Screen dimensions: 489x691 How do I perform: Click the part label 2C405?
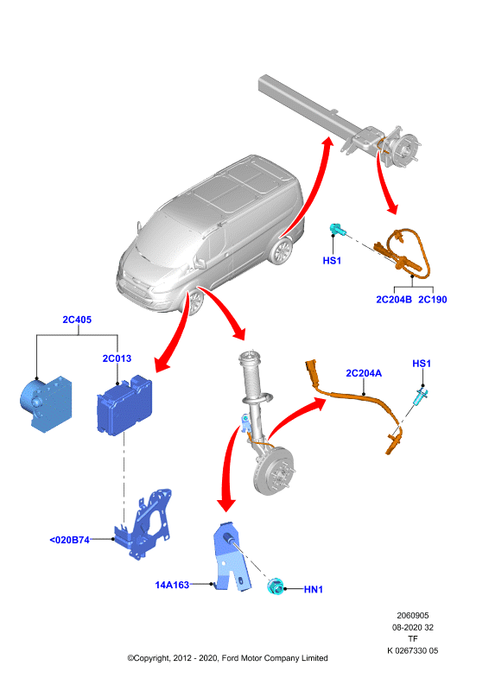tap(77, 320)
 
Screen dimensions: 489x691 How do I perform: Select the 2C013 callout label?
tap(117, 358)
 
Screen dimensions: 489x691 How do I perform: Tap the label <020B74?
tap(70, 540)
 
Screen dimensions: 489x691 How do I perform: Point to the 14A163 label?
tap(172, 585)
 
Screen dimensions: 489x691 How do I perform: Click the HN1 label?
tap(314, 589)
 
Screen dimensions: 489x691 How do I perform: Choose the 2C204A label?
tap(364, 373)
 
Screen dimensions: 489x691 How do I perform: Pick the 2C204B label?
tap(394, 300)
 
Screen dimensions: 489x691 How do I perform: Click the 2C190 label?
tap(433, 300)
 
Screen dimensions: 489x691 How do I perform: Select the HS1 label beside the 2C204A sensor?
tap(422, 364)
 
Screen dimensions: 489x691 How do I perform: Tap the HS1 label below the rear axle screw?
tap(332, 261)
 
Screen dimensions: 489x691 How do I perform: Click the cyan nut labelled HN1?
tap(275, 587)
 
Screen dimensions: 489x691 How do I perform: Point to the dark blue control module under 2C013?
tap(124, 405)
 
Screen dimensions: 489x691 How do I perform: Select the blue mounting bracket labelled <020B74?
tap(143, 524)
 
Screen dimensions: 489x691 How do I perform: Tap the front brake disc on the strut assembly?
tap(274, 471)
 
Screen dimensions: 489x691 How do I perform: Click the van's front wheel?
tap(195, 301)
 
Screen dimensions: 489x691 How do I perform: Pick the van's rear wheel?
tap(281, 251)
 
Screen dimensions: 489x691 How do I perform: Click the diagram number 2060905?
tap(413, 615)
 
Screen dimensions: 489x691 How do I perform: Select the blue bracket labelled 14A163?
tap(231, 557)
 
